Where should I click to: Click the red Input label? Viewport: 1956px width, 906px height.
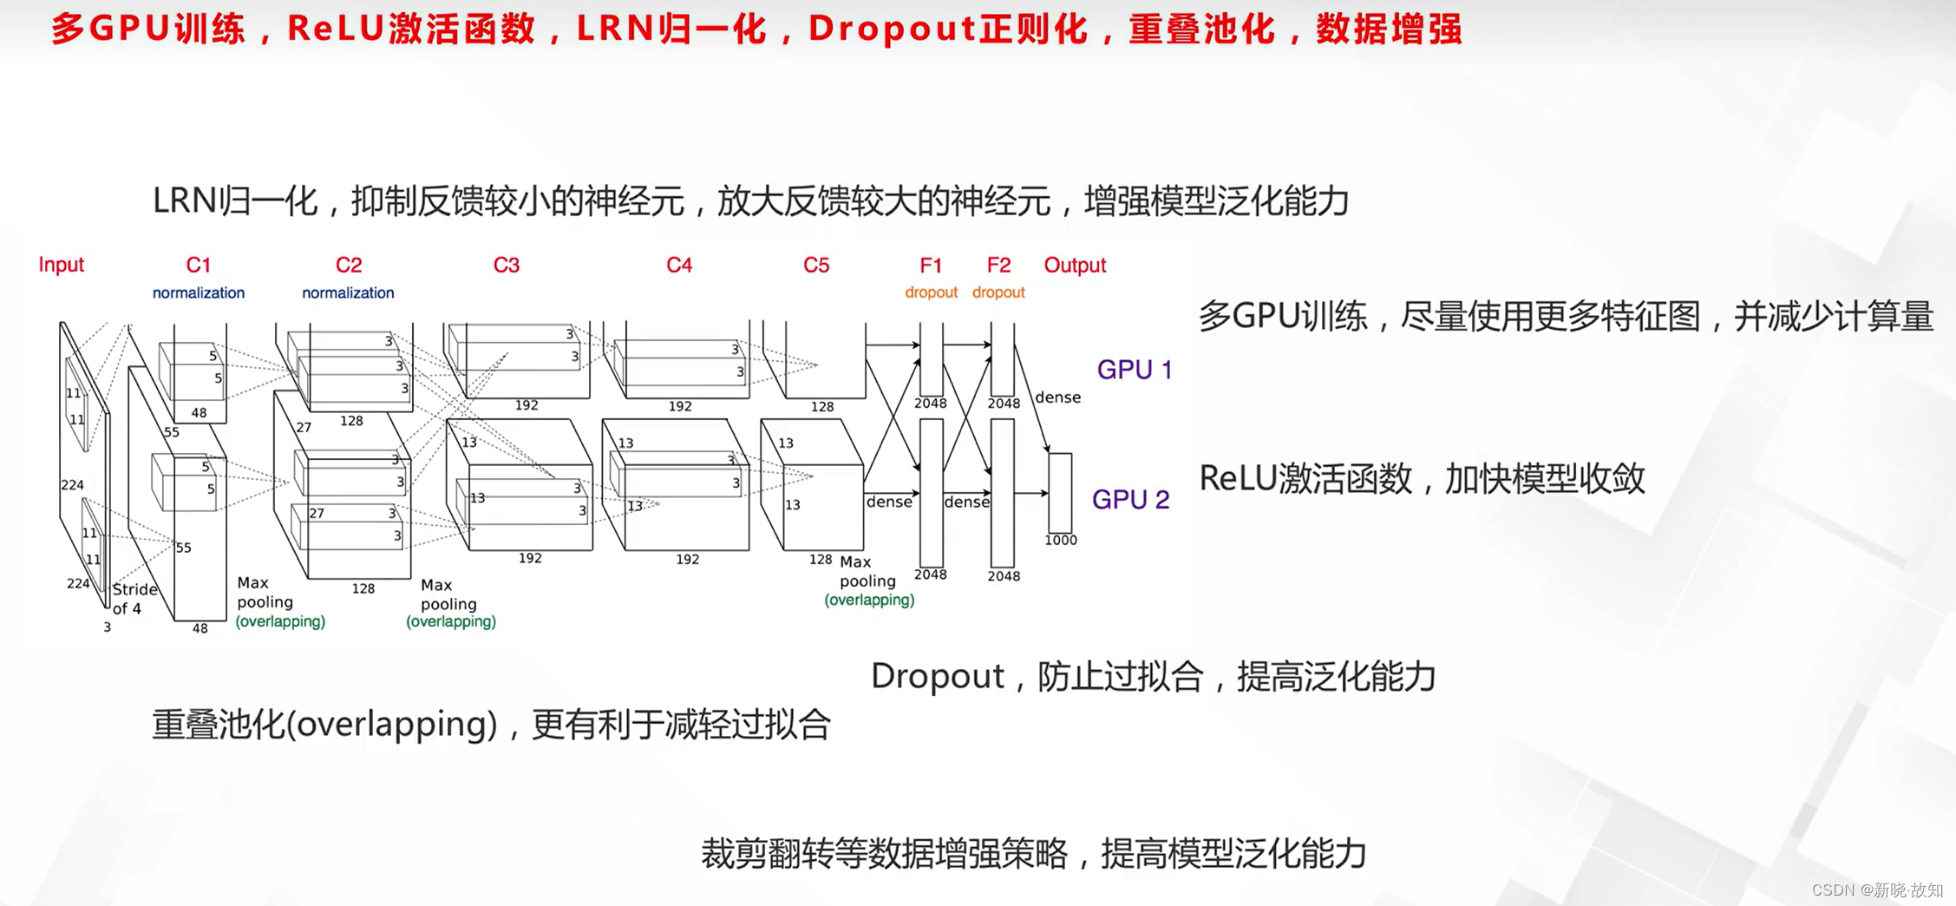[61, 265]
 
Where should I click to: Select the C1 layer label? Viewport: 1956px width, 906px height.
[198, 265]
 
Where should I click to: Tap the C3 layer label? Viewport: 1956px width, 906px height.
[506, 265]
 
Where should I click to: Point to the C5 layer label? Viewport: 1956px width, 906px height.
[815, 265]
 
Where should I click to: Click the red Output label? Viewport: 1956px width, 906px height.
[1075, 265]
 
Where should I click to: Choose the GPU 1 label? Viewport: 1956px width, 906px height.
[1134, 370]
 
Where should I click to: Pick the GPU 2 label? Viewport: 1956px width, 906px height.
[1130, 499]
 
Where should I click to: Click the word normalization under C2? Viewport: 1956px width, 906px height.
[348, 293]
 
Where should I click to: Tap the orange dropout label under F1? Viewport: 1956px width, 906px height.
[931, 292]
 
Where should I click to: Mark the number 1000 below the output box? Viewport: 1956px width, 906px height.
[1060, 540]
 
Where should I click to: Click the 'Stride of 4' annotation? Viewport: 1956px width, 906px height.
[134, 599]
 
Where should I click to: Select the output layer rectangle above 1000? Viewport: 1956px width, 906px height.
[1060, 492]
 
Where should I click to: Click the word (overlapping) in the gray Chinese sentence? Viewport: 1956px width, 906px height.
[391, 724]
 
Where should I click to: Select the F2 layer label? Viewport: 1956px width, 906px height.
[998, 265]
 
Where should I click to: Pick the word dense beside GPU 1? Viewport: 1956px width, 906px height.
[1057, 397]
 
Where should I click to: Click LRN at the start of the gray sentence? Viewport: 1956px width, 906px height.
[184, 201]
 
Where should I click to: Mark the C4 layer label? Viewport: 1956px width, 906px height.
[678, 265]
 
